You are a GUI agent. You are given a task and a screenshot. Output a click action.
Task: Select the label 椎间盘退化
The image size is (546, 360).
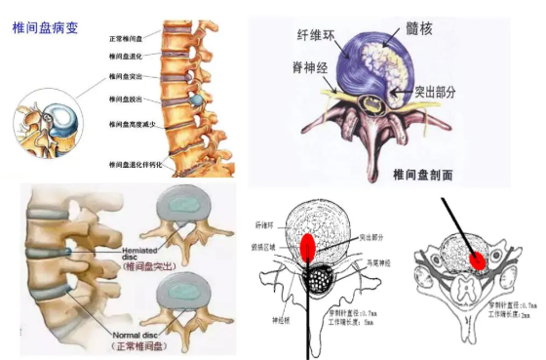tap(126, 56)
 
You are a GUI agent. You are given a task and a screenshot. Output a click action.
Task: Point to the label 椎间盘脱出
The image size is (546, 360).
tap(126, 98)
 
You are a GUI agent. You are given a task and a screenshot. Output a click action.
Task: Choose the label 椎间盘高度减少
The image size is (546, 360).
tap(131, 125)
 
